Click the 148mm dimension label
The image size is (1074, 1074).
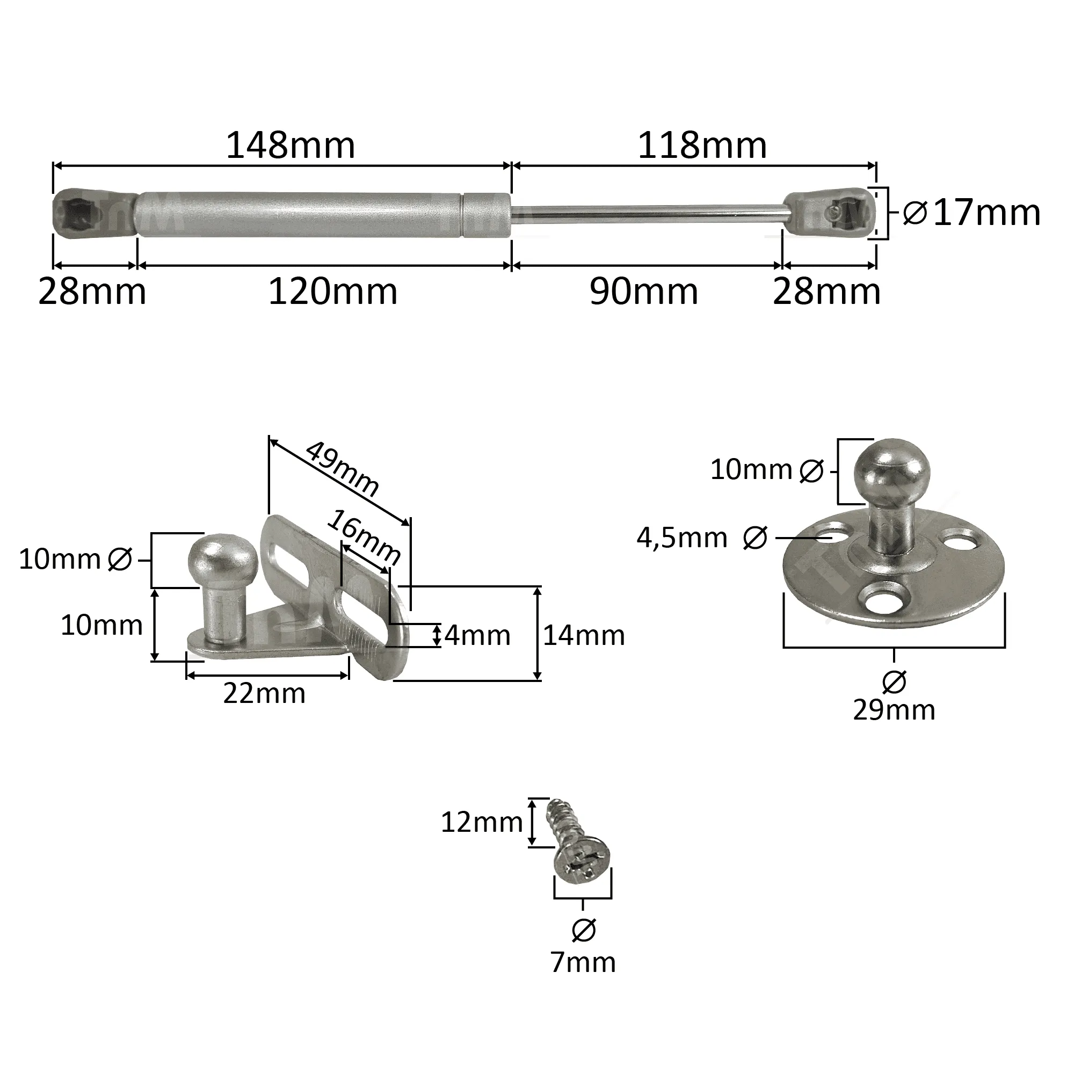pos(290,146)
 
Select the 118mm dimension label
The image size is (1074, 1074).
pos(702,146)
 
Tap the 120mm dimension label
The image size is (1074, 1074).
pos(332,292)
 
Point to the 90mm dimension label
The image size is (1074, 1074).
pos(644,292)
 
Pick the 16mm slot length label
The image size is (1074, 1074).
pos(364,537)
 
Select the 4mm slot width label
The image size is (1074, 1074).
pos(477,635)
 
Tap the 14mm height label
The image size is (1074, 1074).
pos(584,635)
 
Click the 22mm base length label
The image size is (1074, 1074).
pos(265,694)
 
